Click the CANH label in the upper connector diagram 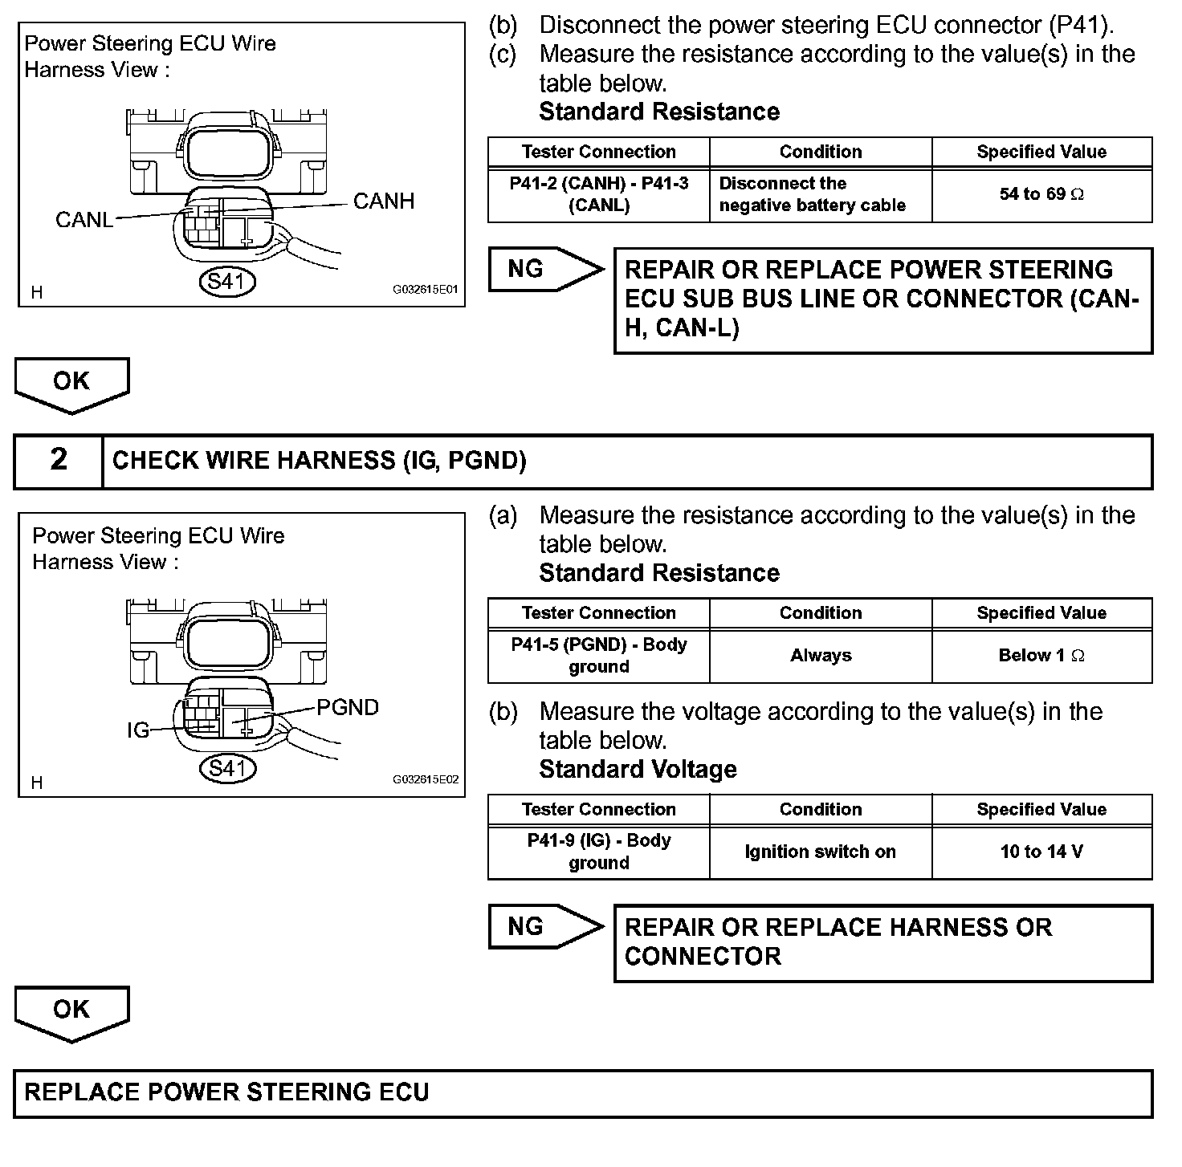pyautogui.click(x=383, y=201)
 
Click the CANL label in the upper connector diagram pyautogui.click(x=84, y=220)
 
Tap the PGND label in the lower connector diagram pyautogui.click(x=347, y=707)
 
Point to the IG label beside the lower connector pyautogui.click(x=138, y=730)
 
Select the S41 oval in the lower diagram pyautogui.click(x=227, y=768)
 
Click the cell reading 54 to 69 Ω pyautogui.click(x=1041, y=194)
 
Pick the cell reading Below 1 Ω pyautogui.click(x=1041, y=656)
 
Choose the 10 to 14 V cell pyautogui.click(x=1041, y=852)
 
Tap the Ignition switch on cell pyautogui.click(x=820, y=852)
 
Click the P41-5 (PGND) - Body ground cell pyautogui.click(x=599, y=656)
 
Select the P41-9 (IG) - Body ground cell pyautogui.click(x=599, y=852)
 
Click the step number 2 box pyautogui.click(x=59, y=461)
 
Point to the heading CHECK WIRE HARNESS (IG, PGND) pyautogui.click(x=320, y=461)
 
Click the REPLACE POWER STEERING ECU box pyautogui.click(x=583, y=1093)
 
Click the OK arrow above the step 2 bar pyautogui.click(x=71, y=383)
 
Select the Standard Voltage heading pyautogui.click(x=638, y=769)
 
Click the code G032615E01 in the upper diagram pyautogui.click(x=425, y=290)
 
